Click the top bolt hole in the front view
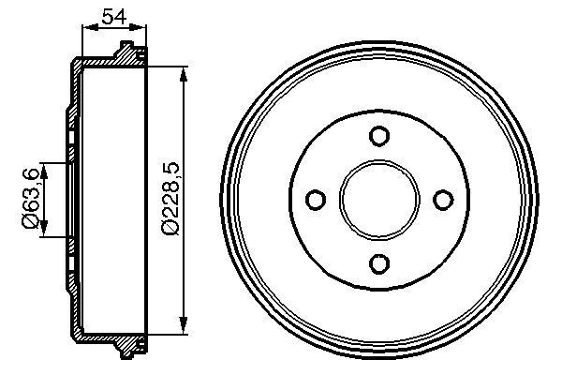click(378, 137)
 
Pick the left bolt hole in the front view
click(316, 200)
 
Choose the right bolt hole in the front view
click(442, 200)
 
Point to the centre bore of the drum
click(378, 200)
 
